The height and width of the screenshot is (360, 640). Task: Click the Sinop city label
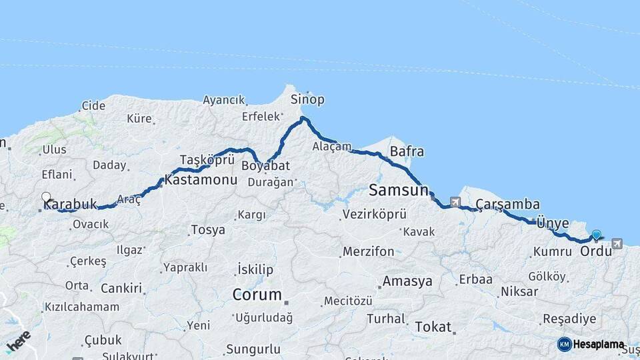coord(307,99)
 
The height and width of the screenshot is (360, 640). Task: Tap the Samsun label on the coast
coord(398,191)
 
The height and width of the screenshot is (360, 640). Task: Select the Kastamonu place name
coord(201,180)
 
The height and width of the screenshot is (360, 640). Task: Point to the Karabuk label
coord(70,204)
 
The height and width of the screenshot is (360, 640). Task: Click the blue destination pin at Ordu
coord(596,235)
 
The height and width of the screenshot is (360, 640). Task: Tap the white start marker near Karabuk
coord(46,197)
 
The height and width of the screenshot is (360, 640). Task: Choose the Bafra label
coord(407,151)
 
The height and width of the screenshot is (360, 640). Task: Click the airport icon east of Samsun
coord(455,202)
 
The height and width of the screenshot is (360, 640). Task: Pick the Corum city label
coord(257,294)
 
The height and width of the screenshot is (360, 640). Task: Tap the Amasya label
coord(407,281)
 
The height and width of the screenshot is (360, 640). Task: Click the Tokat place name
coord(433,327)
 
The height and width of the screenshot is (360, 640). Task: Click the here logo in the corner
coord(19,342)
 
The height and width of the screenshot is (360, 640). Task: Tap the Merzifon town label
coord(368,252)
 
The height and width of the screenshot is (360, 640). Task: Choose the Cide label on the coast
coord(93,105)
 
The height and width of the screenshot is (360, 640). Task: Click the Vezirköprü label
coord(374,215)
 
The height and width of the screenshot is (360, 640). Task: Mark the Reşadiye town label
coord(569,319)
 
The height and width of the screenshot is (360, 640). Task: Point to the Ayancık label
coord(224,100)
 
